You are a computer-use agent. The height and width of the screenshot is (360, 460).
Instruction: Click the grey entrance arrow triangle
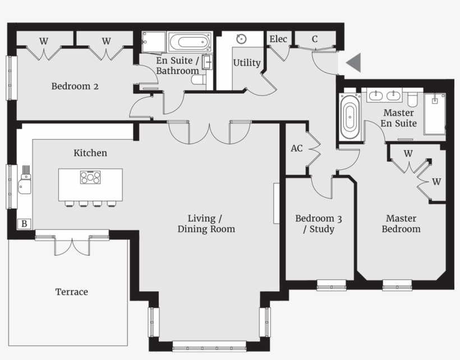(x=354, y=63)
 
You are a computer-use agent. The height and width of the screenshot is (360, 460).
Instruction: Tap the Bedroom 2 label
(x=75, y=86)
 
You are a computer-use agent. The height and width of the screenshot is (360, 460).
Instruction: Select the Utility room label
(x=247, y=63)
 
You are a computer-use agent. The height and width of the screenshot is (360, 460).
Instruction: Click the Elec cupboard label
(x=278, y=39)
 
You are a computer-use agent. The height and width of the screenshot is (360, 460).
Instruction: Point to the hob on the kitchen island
(x=90, y=178)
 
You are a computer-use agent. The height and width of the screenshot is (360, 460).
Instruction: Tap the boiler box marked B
(x=24, y=224)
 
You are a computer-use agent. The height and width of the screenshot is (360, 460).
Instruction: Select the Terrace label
(x=71, y=292)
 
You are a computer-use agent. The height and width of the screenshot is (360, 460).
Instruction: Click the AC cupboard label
(x=297, y=149)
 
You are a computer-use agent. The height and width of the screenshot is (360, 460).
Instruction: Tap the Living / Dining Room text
(x=206, y=223)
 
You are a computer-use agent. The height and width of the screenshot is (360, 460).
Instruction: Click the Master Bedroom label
(x=401, y=223)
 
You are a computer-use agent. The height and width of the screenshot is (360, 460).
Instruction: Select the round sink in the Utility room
(x=241, y=39)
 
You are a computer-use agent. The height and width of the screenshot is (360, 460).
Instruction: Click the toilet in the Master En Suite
(x=413, y=99)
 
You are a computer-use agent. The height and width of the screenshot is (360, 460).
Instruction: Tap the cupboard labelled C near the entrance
(x=315, y=39)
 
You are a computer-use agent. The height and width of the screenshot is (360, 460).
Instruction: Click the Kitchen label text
(x=90, y=153)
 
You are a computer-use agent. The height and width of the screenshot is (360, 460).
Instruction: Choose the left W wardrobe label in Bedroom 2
(x=43, y=40)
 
